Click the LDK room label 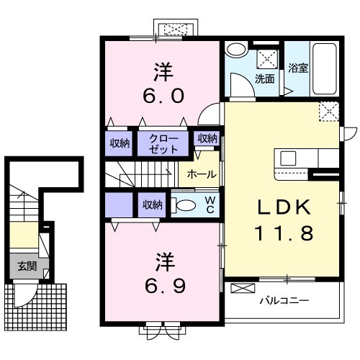pos(284,207)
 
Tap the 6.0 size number pos(163,96)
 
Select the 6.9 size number pos(165,286)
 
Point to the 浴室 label pos(298,68)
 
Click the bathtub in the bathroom pos(325,69)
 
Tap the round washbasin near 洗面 pos(237,50)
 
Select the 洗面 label pos(264,78)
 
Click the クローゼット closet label pos(163,144)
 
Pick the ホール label pos(202,174)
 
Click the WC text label pos(210,204)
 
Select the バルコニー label pos(284,300)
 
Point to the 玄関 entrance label pos(27,266)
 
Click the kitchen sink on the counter pos(288,158)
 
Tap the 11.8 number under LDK pos(284,233)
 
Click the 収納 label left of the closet pos(120,143)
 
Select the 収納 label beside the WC pos(153,205)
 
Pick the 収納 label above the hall pos(207,138)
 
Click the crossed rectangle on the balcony pos(243,288)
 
